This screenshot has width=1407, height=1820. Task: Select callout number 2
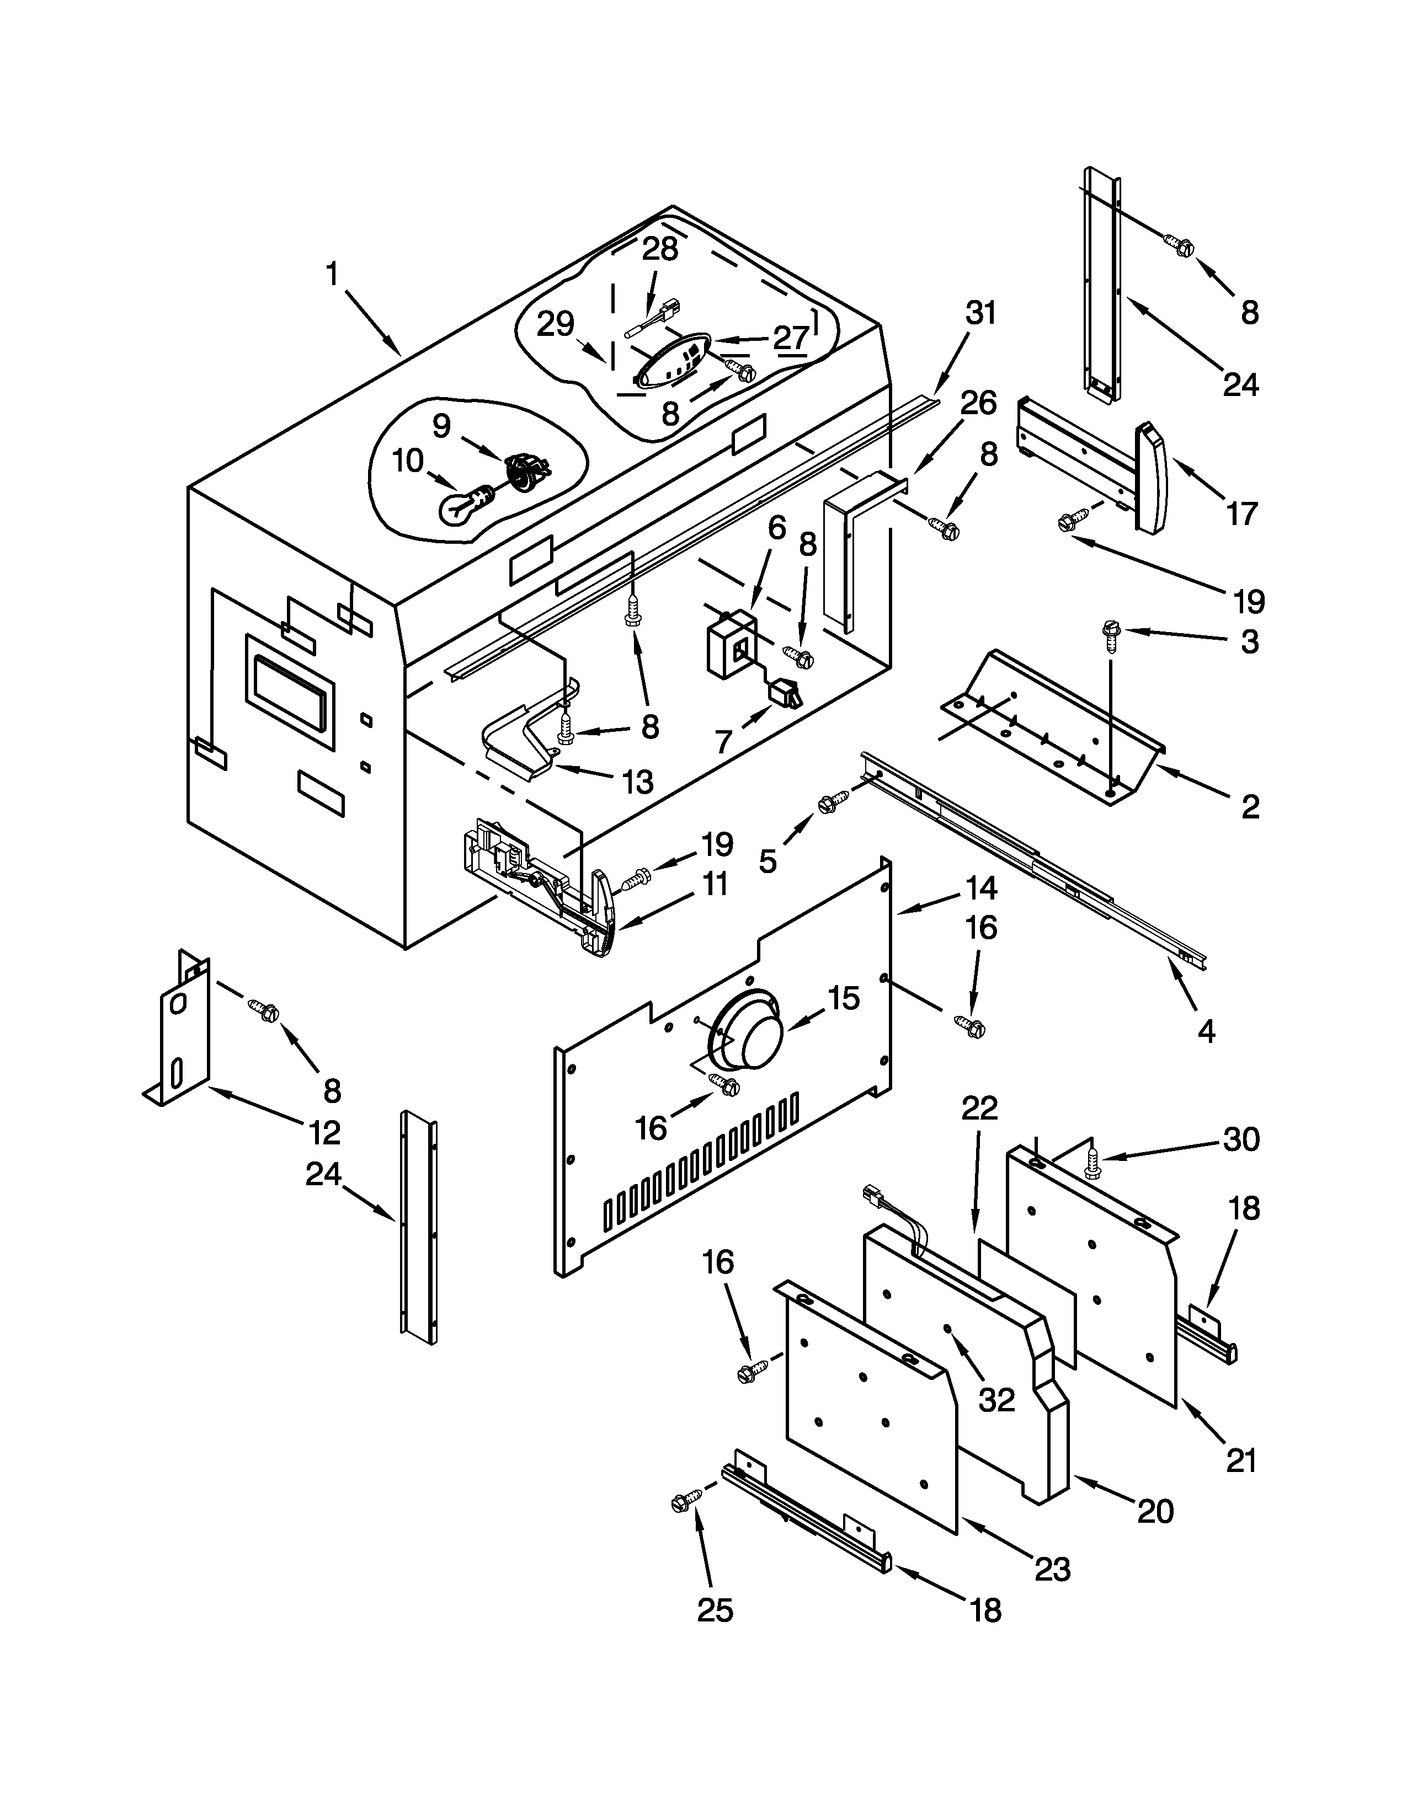click(1249, 807)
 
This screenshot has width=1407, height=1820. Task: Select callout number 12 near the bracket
click(324, 1132)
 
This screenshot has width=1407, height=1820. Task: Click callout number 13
click(638, 781)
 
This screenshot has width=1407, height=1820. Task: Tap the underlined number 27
click(790, 338)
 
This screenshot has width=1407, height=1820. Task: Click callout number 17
click(1241, 514)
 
